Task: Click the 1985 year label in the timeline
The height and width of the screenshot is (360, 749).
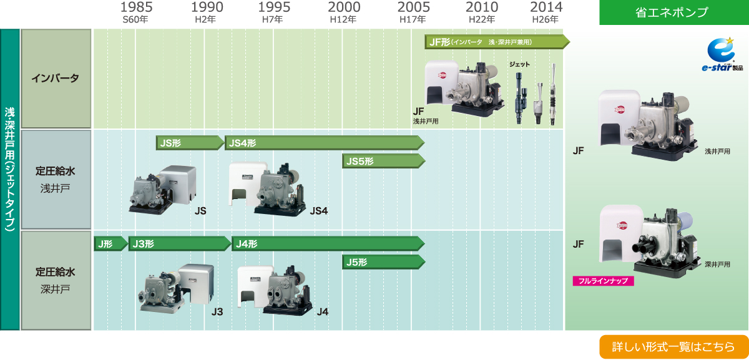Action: [136, 7]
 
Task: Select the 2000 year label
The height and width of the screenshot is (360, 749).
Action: [344, 7]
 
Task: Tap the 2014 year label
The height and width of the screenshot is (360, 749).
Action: [546, 7]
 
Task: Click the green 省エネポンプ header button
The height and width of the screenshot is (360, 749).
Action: [673, 12]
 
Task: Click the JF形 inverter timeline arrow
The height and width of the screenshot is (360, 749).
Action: [497, 42]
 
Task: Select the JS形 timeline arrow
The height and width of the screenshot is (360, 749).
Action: [190, 143]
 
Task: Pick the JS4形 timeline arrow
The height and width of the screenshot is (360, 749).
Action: [325, 143]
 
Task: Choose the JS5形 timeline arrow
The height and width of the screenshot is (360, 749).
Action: [383, 161]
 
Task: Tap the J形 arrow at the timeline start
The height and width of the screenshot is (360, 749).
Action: [110, 244]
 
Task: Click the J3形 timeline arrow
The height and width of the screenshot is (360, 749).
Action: [180, 244]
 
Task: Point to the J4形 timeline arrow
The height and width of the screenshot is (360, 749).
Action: [328, 244]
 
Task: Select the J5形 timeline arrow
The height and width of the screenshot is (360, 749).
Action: [383, 262]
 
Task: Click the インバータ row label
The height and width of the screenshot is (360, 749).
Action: [56, 78]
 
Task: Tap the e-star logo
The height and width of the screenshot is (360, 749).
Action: [722, 55]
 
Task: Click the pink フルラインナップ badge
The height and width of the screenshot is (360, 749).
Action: [603, 281]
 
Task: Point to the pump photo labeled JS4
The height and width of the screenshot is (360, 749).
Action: [268, 188]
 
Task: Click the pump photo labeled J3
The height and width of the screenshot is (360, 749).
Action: [177, 289]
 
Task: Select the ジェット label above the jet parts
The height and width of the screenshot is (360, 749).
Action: [519, 64]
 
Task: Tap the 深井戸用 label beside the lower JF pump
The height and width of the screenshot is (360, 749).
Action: [717, 265]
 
